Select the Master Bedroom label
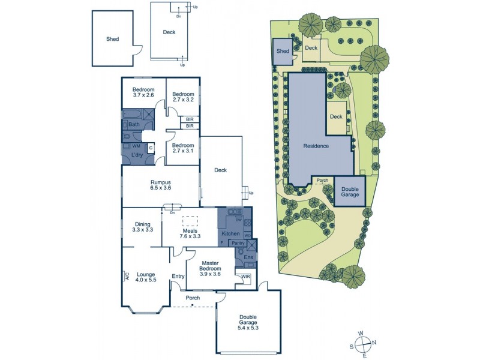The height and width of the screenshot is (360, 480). [x=209, y=265]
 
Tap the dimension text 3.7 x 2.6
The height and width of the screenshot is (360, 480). [x=143, y=95]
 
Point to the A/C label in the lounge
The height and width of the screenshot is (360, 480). [x=127, y=276]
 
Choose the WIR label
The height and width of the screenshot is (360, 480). [x=245, y=277]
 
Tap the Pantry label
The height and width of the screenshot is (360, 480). [x=238, y=243]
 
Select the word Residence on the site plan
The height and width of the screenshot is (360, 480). [x=316, y=146]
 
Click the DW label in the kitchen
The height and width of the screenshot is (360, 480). [x=238, y=220]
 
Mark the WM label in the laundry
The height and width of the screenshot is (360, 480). [x=136, y=146]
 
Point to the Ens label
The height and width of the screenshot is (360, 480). [x=248, y=257]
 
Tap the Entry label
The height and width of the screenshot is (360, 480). [x=178, y=276]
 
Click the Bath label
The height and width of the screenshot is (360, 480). [x=133, y=124]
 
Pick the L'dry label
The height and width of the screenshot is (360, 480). [x=137, y=155]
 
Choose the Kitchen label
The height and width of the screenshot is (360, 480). [x=230, y=233]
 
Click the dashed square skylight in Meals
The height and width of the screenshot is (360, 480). [x=190, y=220]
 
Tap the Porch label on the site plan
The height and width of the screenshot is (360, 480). [x=322, y=180]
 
